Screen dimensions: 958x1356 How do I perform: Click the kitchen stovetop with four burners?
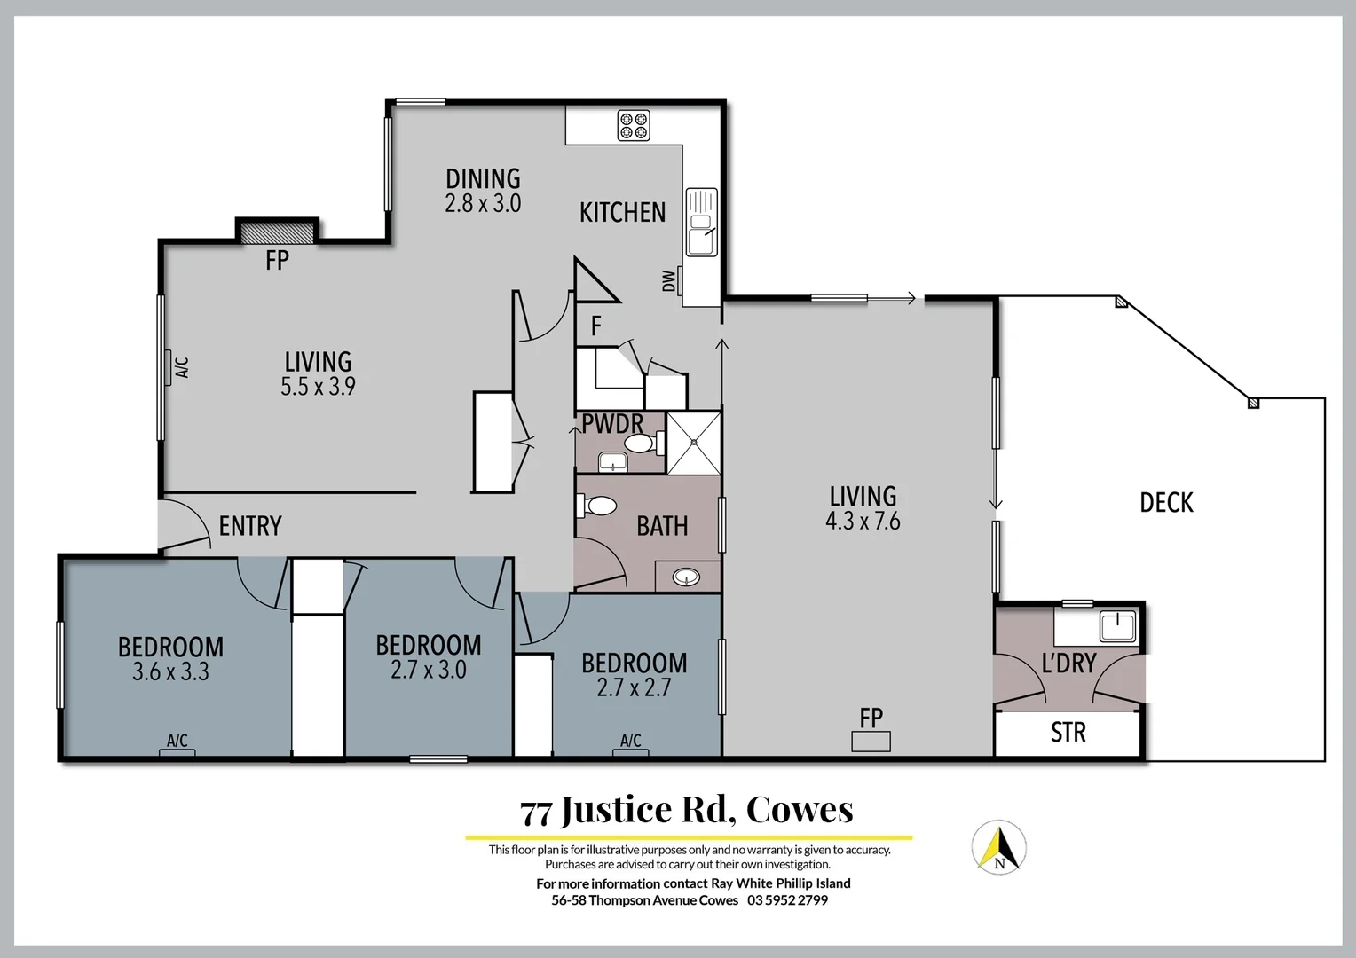(x=634, y=125)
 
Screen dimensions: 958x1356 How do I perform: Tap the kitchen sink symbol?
(x=701, y=222)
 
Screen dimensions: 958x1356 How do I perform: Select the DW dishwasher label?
(x=668, y=280)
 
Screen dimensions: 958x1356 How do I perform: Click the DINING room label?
(x=483, y=179)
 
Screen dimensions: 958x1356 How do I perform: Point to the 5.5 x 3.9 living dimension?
(x=318, y=387)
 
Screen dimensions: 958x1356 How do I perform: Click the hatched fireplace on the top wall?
(x=277, y=232)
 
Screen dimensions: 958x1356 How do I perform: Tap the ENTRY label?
(x=249, y=526)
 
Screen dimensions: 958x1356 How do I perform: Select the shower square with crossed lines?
(x=693, y=443)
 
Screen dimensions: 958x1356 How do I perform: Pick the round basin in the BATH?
(x=686, y=577)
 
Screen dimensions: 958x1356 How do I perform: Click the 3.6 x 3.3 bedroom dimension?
(x=170, y=672)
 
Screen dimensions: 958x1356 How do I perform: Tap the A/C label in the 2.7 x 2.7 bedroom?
(x=630, y=741)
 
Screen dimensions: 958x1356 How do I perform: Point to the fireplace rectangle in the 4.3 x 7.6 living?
(x=871, y=742)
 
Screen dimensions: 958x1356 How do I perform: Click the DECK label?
(x=1166, y=503)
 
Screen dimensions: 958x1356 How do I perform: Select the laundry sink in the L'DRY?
(x=1117, y=626)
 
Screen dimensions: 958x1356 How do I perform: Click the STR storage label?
(x=1068, y=733)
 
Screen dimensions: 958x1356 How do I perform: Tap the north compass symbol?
(x=999, y=847)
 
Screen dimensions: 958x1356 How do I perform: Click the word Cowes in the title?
(x=800, y=810)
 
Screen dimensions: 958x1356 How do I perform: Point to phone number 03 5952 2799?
(x=787, y=900)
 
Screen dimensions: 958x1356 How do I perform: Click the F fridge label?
(x=596, y=326)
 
